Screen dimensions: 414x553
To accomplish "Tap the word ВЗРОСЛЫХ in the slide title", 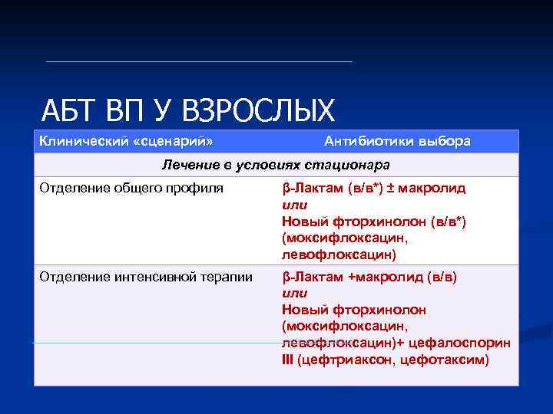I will [258, 111].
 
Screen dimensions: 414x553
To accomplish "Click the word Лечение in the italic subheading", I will [185, 165].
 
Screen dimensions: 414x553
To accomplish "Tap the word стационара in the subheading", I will [352, 165].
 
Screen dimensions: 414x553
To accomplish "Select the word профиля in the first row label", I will [197, 188].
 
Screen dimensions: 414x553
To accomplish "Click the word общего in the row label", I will [141, 188].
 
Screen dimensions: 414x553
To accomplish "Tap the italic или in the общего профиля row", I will [295, 205].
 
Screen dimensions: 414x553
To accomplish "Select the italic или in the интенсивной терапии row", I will [295, 294].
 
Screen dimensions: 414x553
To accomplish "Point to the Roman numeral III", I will [288, 360].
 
